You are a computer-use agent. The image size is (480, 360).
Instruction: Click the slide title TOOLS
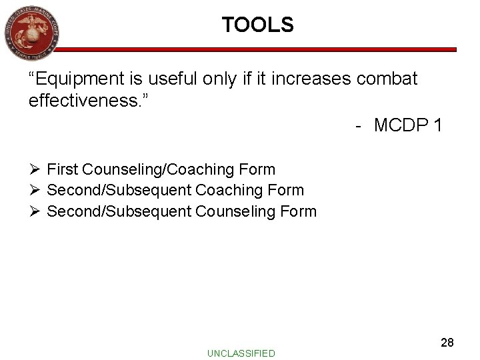pos(258,25)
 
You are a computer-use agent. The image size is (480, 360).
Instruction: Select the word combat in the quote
pos(387,79)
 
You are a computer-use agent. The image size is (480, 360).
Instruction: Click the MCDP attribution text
pos(407,125)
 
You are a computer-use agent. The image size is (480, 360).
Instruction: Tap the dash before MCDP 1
pos(359,125)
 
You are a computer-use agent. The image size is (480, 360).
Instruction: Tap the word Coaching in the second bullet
pos(233,191)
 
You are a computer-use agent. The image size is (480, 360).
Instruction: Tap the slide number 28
pos(447,343)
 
